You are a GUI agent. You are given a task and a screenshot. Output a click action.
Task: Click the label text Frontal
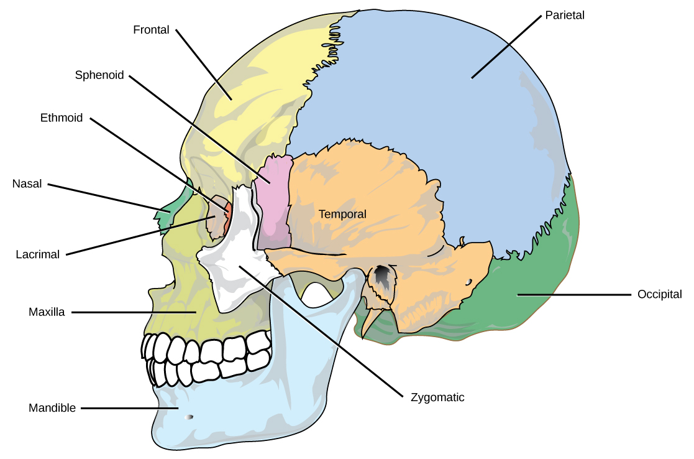pyautogui.click(x=151, y=30)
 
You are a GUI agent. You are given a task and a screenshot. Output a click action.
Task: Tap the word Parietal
pyautogui.click(x=565, y=15)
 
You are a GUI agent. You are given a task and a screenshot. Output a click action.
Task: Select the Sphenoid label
pyautogui.click(x=99, y=75)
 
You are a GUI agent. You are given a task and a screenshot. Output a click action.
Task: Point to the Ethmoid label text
pyautogui.click(x=62, y=118)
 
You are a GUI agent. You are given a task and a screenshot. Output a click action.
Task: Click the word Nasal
pyautogui.click(x=27, y=184)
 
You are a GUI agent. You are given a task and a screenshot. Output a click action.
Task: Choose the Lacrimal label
pyautogui.click(x=38, y=254)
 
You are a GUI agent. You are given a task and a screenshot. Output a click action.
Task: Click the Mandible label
pyautogui.click(x=52, y=409)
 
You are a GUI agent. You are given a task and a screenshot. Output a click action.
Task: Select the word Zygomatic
pyautogui.click(x=437, y=397)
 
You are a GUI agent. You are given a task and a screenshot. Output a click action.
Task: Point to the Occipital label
pyautogui.click(x=660, y=294)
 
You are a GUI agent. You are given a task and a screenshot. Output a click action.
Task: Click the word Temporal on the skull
pyautogui.click(x=342, y=214)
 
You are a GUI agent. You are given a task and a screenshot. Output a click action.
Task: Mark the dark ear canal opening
pyautogui.click(x=382, y=279)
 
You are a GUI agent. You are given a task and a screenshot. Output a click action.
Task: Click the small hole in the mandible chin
pyautogui.click(x=190, y=417)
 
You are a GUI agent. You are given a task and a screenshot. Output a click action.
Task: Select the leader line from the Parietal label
pyautogui.click(x=506, y=47)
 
